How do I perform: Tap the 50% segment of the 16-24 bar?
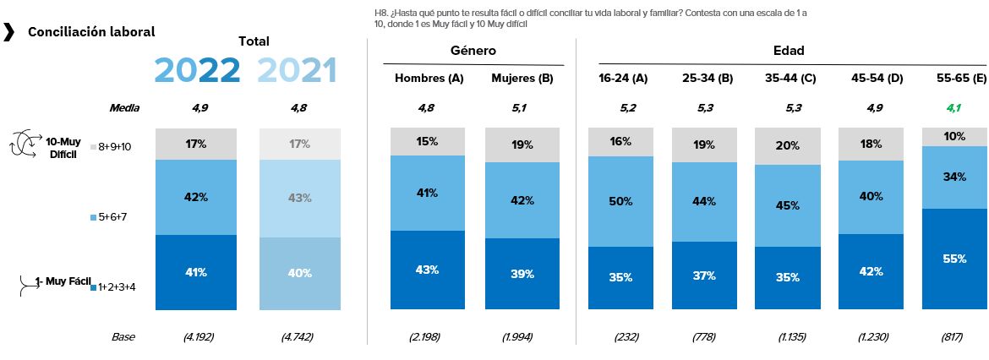(x=620, y=201)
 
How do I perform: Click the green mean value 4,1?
(x=954, y=108)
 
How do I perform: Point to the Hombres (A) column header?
(x=429, y=79)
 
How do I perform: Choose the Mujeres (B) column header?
(x=522, y=79)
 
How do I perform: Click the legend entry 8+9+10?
(x=113, y=146)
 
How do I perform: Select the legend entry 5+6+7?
(x=113, y=217)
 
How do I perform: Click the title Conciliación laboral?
(x=91, y=32)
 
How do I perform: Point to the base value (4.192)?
(x=198, y=336)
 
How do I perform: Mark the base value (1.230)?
(x=871, y=336)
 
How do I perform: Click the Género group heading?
(x=473, y=51)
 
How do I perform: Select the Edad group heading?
(x=789, y=51)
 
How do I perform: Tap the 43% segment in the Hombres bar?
(x=428, y=270)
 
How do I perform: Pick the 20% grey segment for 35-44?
(x=788, y=145)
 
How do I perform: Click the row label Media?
(x=124, y=108)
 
